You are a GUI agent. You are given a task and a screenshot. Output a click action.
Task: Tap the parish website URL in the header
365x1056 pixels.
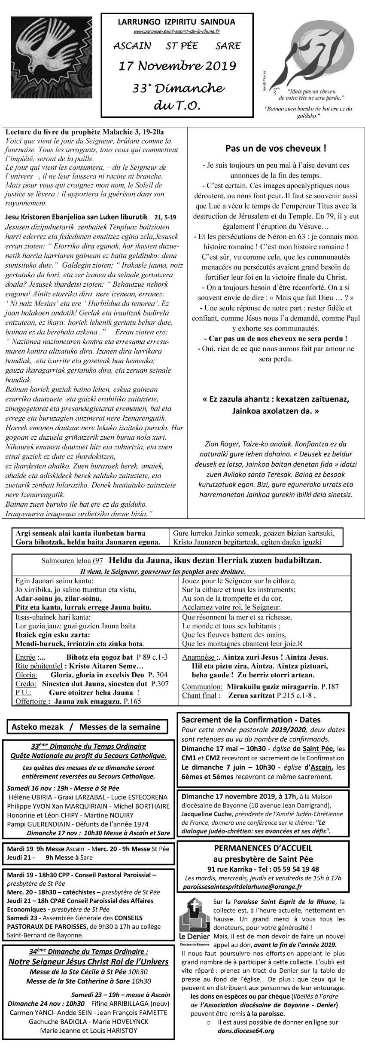pyautogui.click(x=177, y=31)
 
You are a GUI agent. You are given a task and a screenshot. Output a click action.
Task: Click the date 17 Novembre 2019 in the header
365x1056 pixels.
pyautogui.click(x=177, y=66)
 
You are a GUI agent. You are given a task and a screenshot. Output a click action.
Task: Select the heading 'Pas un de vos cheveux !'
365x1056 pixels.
pyautogui.click(x=276, y=149)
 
